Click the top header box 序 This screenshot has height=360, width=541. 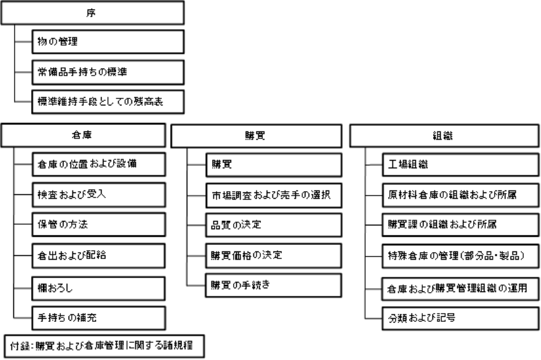[x=91, y=13]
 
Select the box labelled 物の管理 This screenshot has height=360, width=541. [x=108, y=42]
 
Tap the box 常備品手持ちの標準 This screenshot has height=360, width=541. [x=108, y=72]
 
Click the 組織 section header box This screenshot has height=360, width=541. [x=443, y=135]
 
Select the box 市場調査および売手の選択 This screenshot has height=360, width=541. [x=274, y=194]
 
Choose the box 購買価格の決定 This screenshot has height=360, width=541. [x=274, y=255]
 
